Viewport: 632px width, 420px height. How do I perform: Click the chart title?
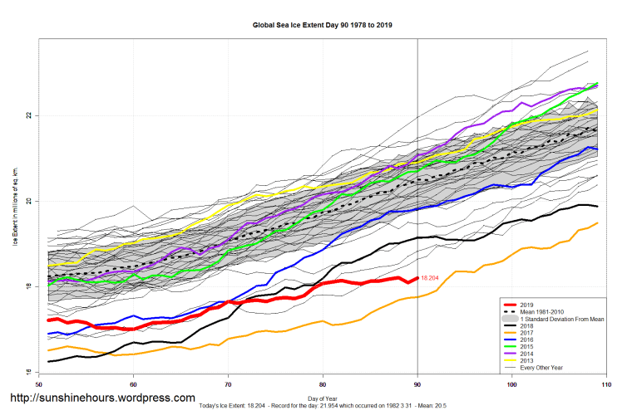[x=323, y=26]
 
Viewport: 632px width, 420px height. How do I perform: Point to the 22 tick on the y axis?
[x=29, y=115]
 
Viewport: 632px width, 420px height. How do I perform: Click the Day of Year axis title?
[x=323, y=399]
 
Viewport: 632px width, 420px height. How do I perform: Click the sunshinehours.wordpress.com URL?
[x=104, y=398]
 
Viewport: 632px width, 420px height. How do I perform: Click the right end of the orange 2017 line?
[x=598, y=222]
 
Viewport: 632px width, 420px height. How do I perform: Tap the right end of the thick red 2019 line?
[x=417, y=278]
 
